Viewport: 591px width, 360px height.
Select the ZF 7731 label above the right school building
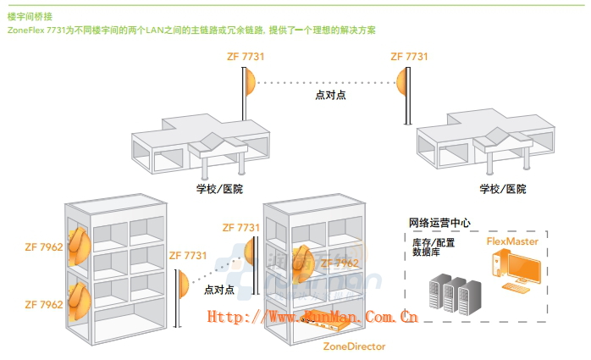409,56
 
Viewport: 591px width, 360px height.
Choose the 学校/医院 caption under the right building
502,189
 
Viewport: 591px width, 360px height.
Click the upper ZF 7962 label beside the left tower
44,248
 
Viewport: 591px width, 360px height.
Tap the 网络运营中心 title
439,223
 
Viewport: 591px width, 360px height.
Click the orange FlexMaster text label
512,241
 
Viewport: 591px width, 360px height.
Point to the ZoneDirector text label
354,346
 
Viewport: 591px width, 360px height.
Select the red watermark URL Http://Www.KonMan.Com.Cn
312,317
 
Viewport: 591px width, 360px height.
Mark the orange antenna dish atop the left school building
250,82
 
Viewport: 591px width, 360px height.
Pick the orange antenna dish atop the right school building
401,82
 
